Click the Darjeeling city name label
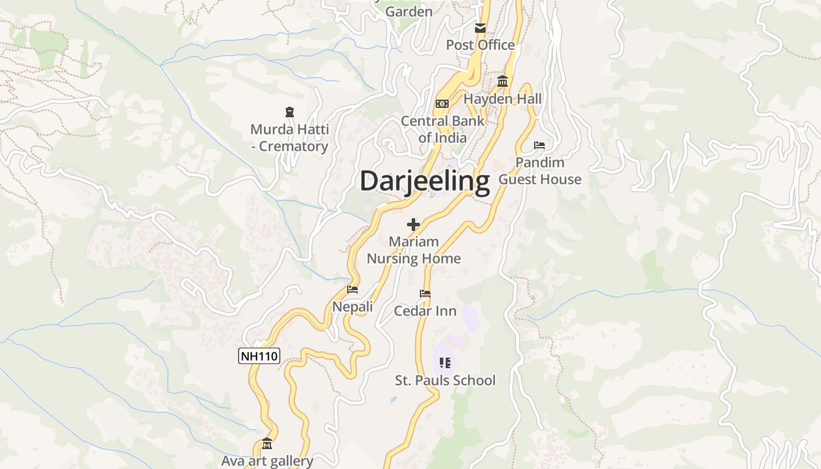click(x=425, y=181)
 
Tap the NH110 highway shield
click(x=259, y=356)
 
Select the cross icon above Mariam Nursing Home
click(x=413, y=224)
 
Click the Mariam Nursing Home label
click(x=413, y=250)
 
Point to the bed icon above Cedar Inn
click(x=425, y=294)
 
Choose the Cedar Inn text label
click(x=425, y=311)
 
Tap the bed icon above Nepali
click(x=352, y=290)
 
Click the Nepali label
click(x=352, y=307)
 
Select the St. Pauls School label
click(x=445, y=380)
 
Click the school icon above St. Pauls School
click(x=445, y=363)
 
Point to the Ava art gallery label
click(x=267, y=461)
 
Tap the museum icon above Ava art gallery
click(x=267, y=443)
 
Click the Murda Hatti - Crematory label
click(x=289, y=138)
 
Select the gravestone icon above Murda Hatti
click(x=289, y=111)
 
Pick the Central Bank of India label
click(x=443, y=130)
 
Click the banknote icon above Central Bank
click(x=442, y=104)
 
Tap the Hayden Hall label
click(x=503, y=99)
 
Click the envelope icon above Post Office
click(x=480, y=28)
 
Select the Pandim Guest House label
click(x=540, y=171)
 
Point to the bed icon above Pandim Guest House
click(x=540, y=145)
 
